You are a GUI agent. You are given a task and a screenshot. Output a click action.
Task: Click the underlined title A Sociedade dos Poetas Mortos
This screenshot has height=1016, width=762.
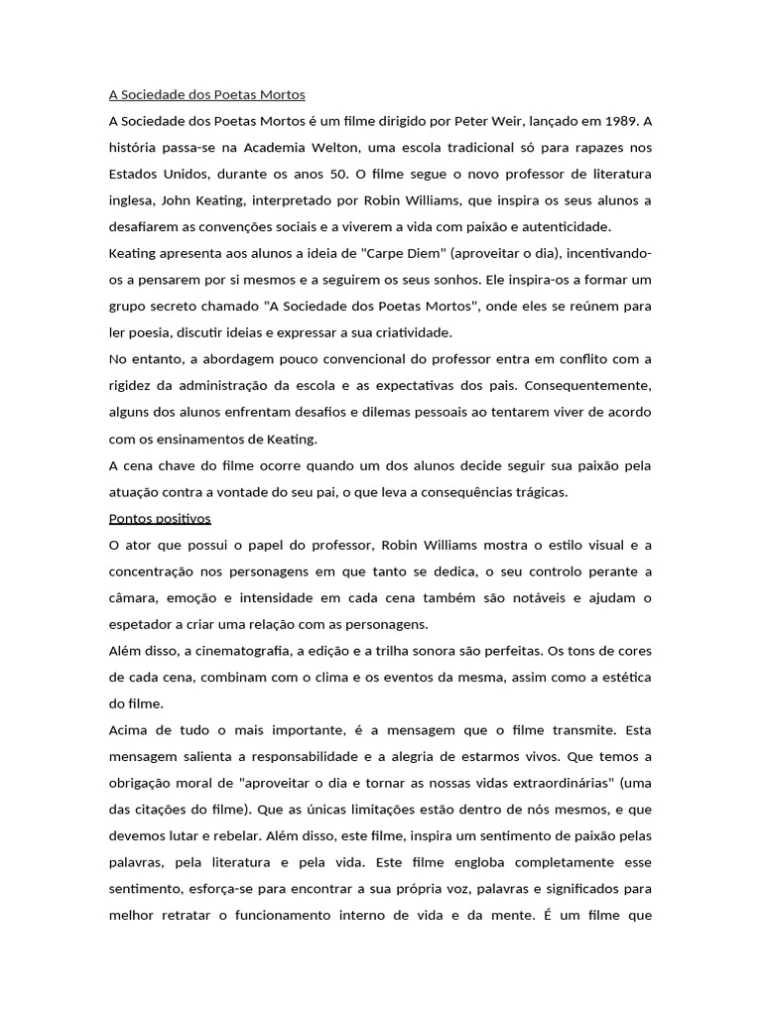[206, 95]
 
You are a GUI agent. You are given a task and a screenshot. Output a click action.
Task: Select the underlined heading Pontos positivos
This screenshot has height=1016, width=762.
[159, 518]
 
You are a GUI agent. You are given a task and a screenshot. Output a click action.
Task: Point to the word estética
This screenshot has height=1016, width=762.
[624, 677]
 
